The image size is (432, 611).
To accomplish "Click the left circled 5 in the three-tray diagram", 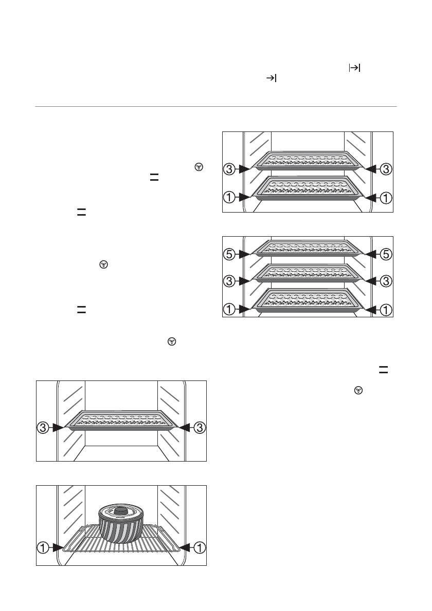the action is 229,253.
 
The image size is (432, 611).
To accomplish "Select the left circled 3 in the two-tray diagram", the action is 229,168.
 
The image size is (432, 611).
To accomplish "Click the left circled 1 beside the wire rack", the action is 43,548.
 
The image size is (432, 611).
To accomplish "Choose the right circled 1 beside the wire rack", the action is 199,548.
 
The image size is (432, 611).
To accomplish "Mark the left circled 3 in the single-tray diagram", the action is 43,427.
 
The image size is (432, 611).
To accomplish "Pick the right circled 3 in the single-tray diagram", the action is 199,427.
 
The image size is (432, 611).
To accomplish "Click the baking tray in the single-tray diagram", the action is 121,421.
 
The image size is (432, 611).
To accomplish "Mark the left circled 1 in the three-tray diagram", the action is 229,309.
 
